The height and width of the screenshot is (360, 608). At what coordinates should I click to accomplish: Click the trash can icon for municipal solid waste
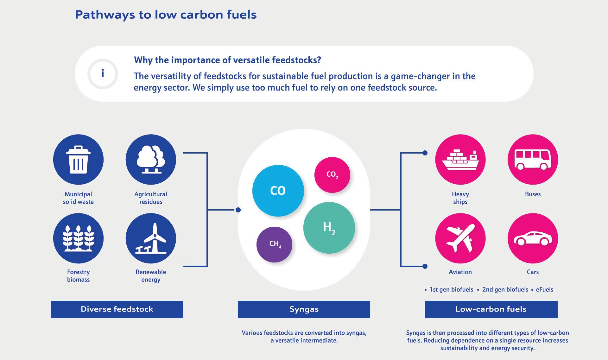[78, 160]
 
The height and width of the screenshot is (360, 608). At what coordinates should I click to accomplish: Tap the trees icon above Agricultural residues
[151, 160]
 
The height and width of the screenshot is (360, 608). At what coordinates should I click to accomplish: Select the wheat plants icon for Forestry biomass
[78, 238]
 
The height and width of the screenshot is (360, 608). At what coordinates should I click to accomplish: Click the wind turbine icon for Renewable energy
[151, 238]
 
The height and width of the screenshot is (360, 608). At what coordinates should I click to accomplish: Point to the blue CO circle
[278, 191]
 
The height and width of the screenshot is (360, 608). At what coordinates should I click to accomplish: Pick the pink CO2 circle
[332, 174]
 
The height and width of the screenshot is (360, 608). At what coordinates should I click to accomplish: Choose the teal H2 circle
[329, 228]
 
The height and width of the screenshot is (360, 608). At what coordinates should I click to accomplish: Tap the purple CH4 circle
[274, 244]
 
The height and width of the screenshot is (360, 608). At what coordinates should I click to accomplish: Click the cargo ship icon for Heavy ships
[460, 160]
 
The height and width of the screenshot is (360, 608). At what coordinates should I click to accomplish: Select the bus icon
[533, 160]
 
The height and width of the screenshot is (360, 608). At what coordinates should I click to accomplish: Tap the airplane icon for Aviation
[460, 238]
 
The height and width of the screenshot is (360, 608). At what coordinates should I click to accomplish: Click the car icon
[533, 238]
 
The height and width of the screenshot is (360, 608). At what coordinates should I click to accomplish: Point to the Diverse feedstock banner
[117, 309]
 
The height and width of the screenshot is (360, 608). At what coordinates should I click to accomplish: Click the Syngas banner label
[304, 309]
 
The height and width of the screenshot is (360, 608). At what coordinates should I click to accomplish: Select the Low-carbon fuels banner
[491, 309]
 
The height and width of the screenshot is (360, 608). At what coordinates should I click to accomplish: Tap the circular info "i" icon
[103, 74]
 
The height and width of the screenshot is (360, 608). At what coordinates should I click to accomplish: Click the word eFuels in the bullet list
[544, 289]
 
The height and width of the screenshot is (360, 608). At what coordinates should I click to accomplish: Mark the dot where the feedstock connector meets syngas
[238, 210]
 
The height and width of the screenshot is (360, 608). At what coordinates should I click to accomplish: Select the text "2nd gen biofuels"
[505, 289]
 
